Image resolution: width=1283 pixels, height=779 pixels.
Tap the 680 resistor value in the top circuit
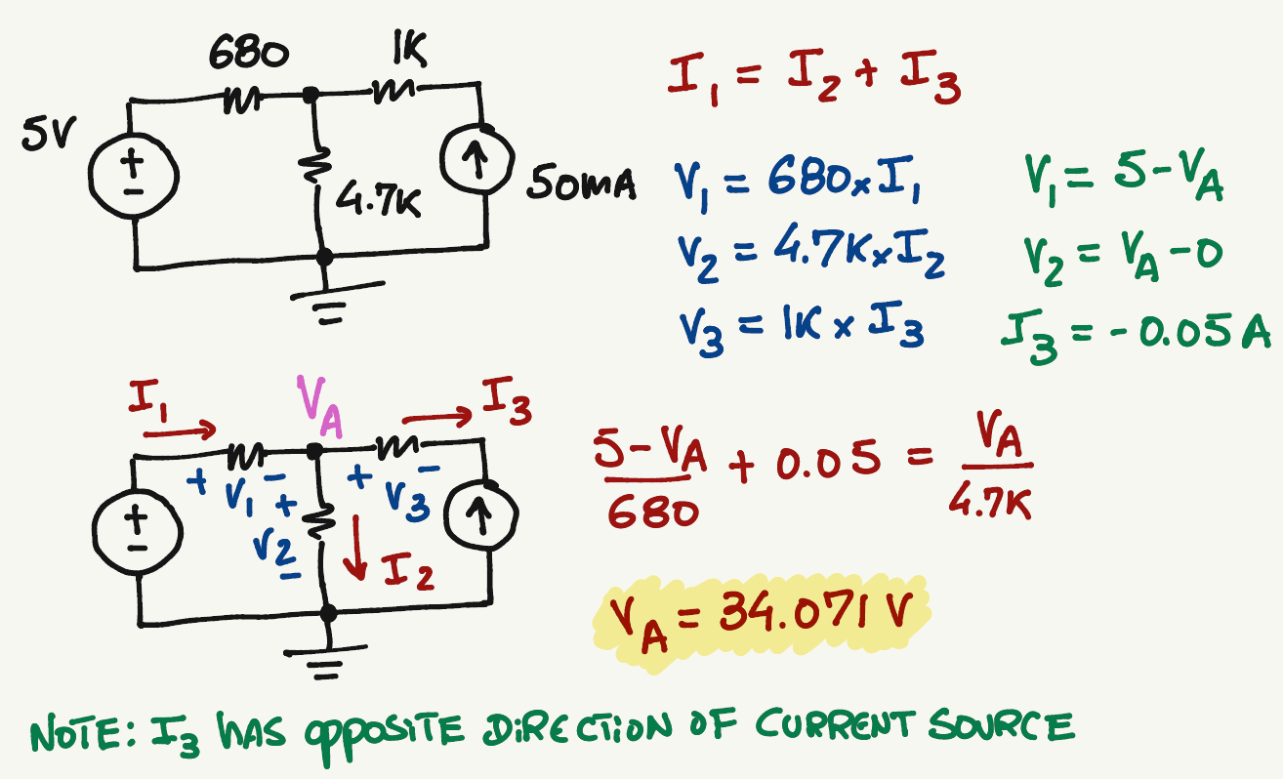(248, 56)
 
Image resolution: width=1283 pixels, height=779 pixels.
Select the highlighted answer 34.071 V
(760, 615)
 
